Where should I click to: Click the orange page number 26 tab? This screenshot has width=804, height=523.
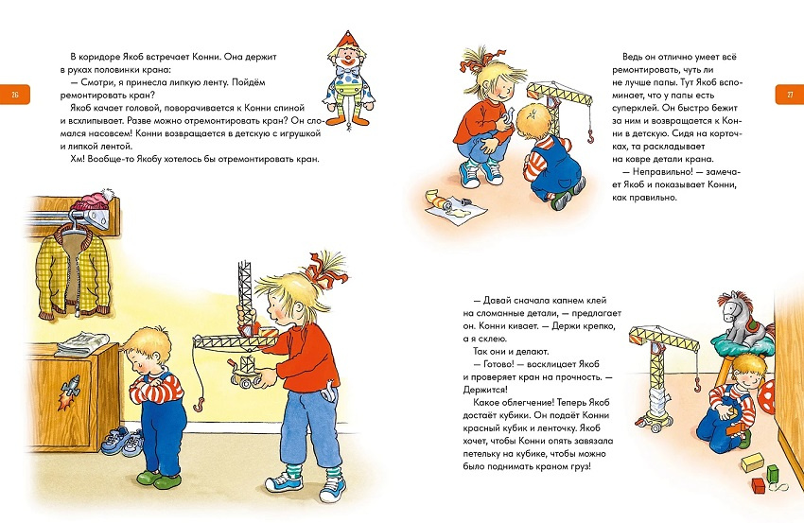point(15,94)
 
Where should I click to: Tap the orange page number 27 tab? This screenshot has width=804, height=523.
point(789,94)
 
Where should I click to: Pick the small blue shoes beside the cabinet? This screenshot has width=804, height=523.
point(122,442)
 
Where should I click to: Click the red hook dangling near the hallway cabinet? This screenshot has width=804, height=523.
point(199,404)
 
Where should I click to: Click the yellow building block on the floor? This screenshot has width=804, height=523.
point(753,462)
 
